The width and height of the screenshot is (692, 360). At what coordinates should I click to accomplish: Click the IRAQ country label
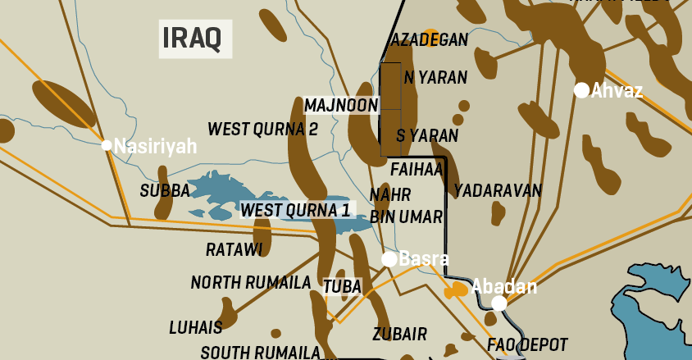pos(195,38)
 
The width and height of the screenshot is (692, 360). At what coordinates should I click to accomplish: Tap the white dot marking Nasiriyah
pos(107,145)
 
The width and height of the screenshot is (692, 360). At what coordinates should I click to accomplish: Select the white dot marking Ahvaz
pos(581,90)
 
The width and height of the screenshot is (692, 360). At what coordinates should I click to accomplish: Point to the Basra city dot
pos(389,259)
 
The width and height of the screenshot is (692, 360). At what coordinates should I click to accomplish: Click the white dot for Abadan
pos(499,303)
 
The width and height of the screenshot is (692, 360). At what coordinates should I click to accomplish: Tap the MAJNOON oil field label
pos(341,105)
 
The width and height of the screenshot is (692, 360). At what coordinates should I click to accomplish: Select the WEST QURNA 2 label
pos(262,129)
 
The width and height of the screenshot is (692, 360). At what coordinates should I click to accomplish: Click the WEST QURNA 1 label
pos(295,210)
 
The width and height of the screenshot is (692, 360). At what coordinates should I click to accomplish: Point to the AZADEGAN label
pos(430,39)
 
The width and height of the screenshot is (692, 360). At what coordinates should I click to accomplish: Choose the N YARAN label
pos(435,78)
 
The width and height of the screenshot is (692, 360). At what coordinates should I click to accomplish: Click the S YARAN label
pos(427,135)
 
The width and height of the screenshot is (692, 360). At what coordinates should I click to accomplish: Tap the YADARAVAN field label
pos(498,190)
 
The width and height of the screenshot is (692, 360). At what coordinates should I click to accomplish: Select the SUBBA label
pos(165,191)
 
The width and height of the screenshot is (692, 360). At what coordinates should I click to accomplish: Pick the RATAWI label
pos(234,248)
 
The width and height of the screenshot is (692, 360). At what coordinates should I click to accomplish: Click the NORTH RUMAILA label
pos(251,282)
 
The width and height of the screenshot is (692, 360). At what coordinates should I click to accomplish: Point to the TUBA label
pos(342,287)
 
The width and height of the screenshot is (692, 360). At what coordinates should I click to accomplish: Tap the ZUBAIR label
pos(399,334)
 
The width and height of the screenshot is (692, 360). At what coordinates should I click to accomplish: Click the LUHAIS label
pos(196,327)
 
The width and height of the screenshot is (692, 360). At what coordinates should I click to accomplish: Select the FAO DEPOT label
pos(527,344)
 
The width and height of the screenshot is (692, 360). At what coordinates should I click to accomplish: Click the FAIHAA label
pos(417,170)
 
